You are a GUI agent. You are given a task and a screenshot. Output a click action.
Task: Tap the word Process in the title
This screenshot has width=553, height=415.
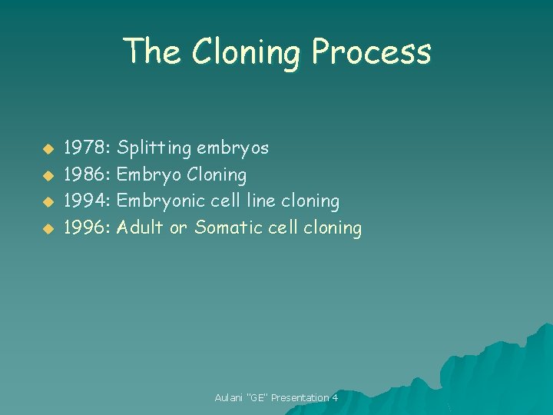click(x=372, y=52)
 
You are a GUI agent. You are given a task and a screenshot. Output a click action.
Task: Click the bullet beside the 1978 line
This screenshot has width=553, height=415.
click(x=47, y=148)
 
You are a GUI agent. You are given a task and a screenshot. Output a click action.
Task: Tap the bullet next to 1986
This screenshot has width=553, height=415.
click(x=47, y=175)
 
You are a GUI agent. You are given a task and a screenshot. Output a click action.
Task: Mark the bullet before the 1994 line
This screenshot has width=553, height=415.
click(x=47, y=202)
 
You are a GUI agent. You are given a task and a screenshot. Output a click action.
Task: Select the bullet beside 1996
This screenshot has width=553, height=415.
click(x=47, y=228)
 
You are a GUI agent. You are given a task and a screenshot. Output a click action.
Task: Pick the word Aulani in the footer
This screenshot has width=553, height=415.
click(x=229, y=397)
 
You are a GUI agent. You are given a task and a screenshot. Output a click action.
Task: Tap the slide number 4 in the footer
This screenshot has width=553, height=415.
click(x=335, y=397)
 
